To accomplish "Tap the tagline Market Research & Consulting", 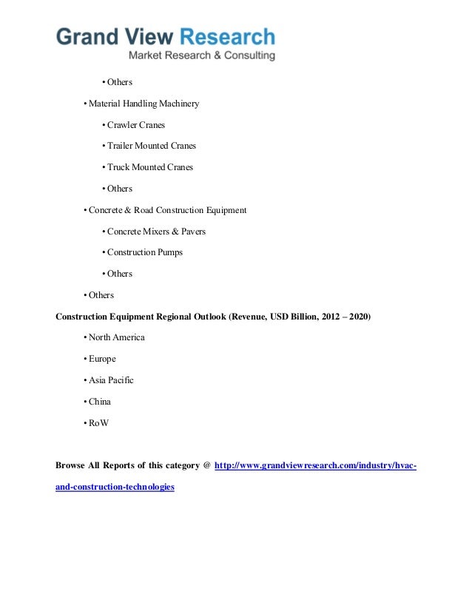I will [202, 55].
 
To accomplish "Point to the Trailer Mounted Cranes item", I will [151, 146].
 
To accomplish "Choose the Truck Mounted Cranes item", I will [149, 167].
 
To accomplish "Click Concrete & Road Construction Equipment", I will [167, 210].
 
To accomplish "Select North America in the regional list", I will [116, 337].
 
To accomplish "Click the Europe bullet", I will [102, 359].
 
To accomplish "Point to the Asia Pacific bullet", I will [111, 380].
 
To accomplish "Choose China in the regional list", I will [100, 402].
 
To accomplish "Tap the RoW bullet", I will [99, 423].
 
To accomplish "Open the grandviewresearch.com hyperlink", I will [314, 466].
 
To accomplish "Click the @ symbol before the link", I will [206, 466].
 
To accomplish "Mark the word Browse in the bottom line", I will [71, 466].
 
